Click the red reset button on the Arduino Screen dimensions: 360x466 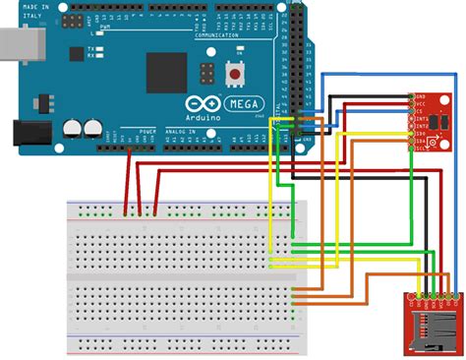[x=236, y=74]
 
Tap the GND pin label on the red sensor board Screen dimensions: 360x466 [x=421, y=97]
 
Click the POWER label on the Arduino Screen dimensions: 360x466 [x=147, y=131]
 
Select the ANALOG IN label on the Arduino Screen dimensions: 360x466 [x=180, y=131]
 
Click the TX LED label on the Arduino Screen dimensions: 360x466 [x=90, y=49]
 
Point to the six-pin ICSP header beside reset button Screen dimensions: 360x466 [x=206, y=74]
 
